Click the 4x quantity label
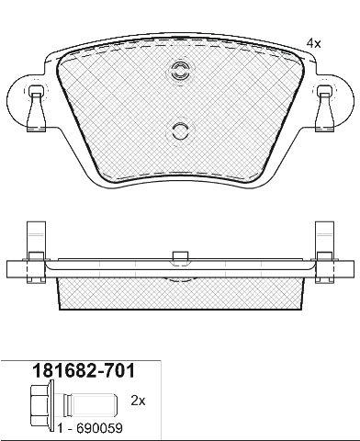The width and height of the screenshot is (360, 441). point(313,44)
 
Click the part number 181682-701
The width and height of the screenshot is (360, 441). point(84,371)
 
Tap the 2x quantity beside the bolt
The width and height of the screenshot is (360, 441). point(138,401)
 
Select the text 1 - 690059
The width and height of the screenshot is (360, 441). point(90,428)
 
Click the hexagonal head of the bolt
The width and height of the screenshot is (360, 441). point(39,401)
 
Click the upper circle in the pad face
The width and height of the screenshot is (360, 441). point(180,72)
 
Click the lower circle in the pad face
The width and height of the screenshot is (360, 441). point(180,131)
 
